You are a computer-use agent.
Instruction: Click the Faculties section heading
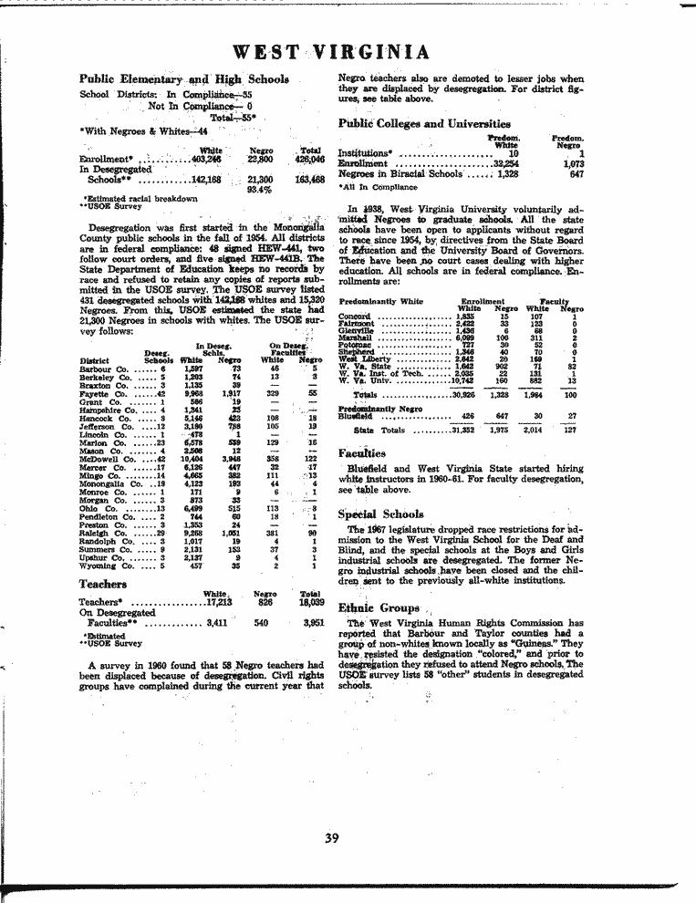[362, 452]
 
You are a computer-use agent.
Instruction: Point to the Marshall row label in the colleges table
[355, 337]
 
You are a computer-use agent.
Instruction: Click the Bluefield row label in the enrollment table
[356, 415]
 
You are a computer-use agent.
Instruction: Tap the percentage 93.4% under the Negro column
[259, 191]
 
